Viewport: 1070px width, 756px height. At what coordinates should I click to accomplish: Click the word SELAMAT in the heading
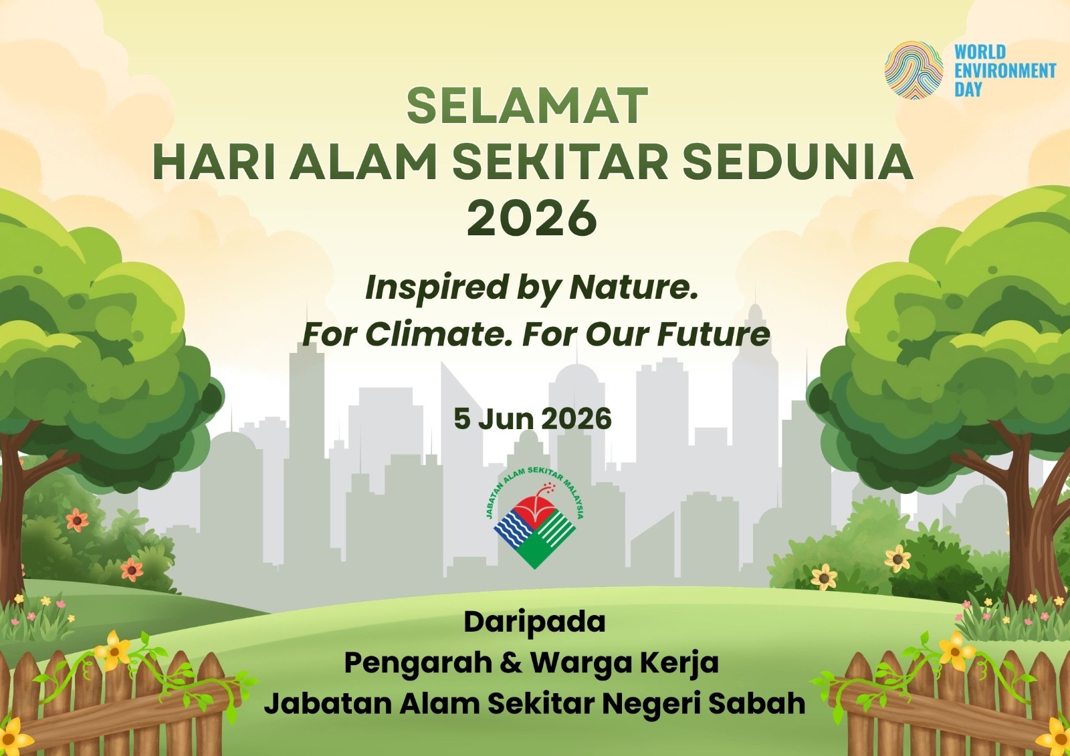tap(528, 106)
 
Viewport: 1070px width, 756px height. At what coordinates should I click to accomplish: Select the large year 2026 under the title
tap(532, 218)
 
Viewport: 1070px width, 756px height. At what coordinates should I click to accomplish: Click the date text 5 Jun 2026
tap(532, 419)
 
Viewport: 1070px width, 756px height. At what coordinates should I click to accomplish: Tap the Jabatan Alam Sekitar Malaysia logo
tap(534, 518)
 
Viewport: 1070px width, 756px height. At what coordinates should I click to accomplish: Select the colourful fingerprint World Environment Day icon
tap(914, 70)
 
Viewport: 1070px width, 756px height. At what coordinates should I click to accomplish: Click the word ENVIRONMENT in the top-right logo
tap(1005, 71)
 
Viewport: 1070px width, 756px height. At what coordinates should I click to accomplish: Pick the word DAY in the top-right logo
tap(968, 90)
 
